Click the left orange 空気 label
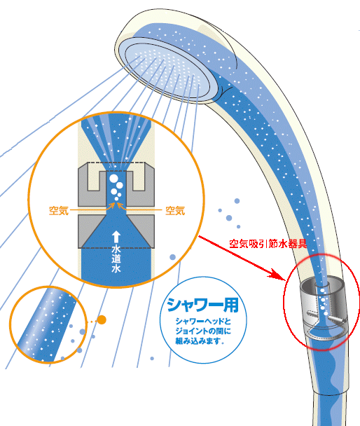[x=59, y=211]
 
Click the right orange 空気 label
[x=175, y=211]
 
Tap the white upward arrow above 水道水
[x=116, y=237]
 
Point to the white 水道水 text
[x=116, y=259]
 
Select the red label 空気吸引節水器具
[x=268, y=244]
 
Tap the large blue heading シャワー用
[x=203, y=305]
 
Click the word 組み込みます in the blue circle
[x=198, y=341]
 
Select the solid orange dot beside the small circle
[x=102, y=319]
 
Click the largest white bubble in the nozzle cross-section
[x=113, y=179]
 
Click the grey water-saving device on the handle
[x=323, y=310]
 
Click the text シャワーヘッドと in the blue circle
[x=203, y=322]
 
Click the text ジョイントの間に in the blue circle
[x=203, y=331]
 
